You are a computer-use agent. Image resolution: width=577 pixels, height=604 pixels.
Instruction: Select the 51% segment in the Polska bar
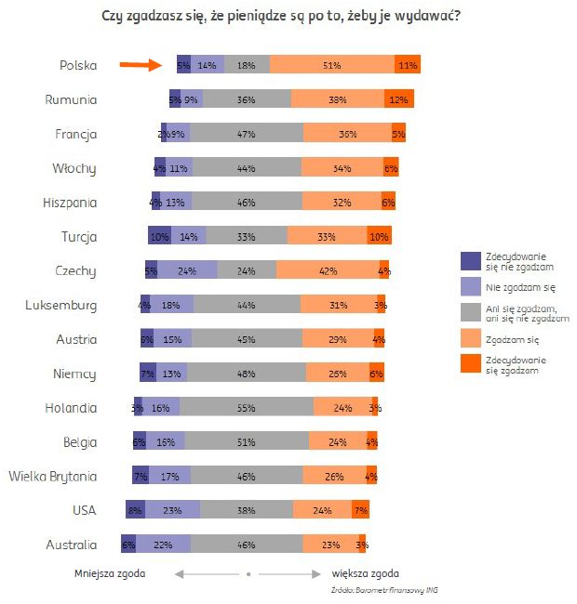(331, 65)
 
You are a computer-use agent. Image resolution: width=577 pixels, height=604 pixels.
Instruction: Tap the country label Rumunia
(72, 99)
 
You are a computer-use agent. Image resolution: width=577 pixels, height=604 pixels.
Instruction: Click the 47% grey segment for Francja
(247, 134)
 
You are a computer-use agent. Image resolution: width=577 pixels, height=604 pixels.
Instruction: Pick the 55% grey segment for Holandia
(247, 407)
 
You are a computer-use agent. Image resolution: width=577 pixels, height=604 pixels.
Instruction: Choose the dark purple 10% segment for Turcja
(159, 236)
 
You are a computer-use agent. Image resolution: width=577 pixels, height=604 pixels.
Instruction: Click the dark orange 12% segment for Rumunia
(399, 99)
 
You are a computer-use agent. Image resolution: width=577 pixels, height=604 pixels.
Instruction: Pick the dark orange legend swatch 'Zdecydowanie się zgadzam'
(471, 365)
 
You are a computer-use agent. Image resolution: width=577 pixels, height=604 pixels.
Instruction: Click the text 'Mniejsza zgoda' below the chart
(109, 573)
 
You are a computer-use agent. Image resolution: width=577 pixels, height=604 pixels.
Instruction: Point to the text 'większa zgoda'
(365, 573)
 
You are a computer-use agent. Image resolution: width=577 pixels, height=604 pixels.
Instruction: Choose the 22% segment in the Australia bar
(164, 544)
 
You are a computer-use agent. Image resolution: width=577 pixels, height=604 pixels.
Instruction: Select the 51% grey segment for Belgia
(247, 441)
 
